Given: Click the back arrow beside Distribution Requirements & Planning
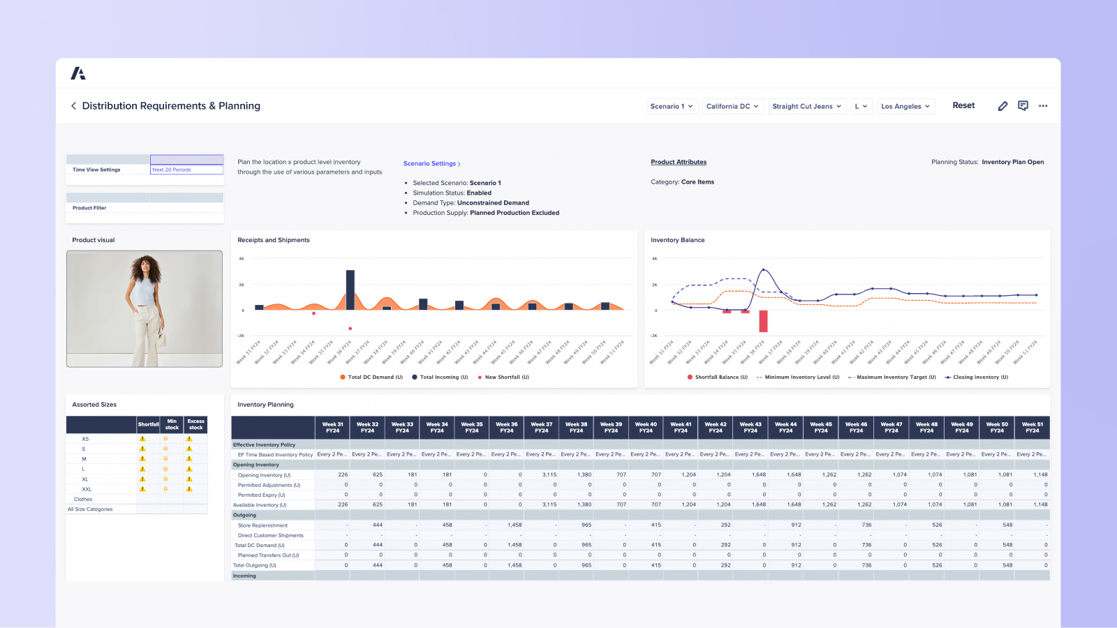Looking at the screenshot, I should pos(73,106).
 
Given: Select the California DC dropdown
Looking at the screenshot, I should pos(732,106).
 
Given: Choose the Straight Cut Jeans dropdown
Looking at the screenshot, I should pos(806,106).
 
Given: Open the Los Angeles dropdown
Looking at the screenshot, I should pos(905,106).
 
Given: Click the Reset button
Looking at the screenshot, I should pos(963,105).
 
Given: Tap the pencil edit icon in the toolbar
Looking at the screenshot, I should pos(1003,106).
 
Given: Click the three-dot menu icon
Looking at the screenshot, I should pos(1043,106).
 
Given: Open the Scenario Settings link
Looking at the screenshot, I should pos(431,164).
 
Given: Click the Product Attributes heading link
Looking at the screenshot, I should pos(679,162).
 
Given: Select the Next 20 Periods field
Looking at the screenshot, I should pos(186,170).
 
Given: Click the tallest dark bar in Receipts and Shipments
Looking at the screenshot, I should pos(350,290).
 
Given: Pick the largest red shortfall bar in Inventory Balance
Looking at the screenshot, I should pos(763,321).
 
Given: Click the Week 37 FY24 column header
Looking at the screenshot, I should pos(542,428).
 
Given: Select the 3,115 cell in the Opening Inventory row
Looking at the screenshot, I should pos(549,474).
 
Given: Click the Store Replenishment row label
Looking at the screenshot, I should pos(262,525).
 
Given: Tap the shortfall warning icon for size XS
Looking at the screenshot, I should pos(142,439).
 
